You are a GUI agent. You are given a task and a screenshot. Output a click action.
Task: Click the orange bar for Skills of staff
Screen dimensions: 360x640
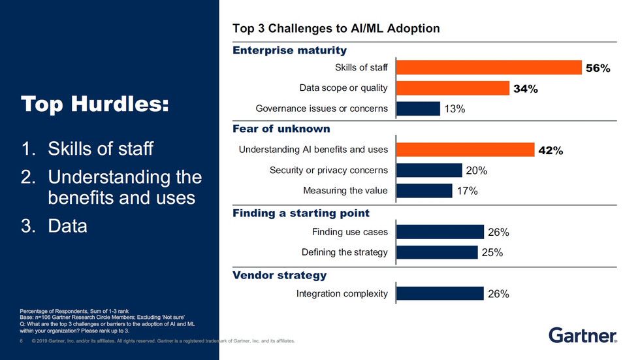(x=488, y=67)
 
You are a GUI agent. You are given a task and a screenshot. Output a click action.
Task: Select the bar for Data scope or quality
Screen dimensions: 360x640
(x=453, y=88)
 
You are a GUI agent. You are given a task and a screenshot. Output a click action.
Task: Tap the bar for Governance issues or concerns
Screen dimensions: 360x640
(x=418, y=108)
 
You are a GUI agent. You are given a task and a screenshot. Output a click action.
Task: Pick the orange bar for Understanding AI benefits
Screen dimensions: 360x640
(x=465, y=150)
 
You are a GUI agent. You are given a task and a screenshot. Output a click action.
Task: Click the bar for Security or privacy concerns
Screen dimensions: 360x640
(x=429, y=171)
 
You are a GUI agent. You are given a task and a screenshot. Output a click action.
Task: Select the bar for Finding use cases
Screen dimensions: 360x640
(x=440, y=232)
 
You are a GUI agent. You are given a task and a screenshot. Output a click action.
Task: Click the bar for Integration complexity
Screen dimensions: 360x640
(x=440, y=294)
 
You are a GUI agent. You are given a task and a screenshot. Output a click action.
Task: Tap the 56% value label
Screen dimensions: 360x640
(x=598, y=68)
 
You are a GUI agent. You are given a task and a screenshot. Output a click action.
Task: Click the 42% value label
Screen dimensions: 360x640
(x=550, y=150)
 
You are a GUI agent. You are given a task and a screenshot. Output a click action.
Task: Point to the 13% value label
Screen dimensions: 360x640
(x=455, y=109)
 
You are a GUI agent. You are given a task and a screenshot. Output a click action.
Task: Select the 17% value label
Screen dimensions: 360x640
(x=467, y=191)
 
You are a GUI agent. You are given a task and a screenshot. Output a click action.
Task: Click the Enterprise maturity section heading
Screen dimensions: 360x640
(x=290, y=50)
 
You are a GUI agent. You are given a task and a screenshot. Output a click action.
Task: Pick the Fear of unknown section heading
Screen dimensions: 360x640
(x=281, y=129)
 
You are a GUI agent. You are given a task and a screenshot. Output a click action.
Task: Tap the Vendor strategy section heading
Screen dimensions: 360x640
(x=280, y=275)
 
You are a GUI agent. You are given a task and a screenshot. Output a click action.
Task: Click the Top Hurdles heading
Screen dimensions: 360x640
(x=95, y=105)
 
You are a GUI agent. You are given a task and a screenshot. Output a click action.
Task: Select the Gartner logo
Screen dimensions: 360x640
(x=583, y=336)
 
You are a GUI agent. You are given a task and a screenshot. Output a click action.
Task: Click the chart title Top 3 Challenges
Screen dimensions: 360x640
(x=336, y=29)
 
